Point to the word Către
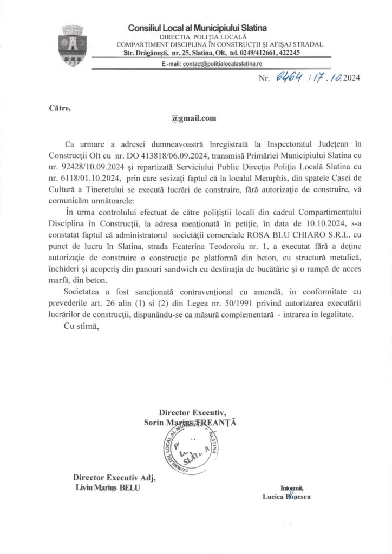(60, 108)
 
